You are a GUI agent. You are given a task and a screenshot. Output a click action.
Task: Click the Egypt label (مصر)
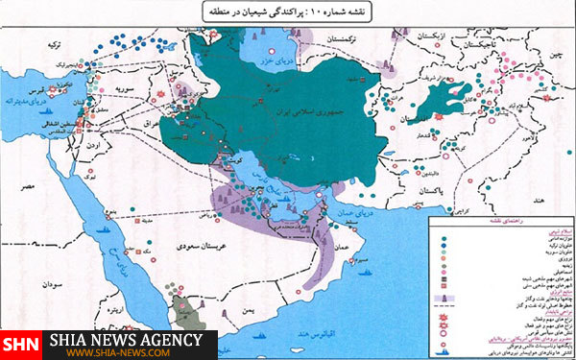click(x=32, y=182)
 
